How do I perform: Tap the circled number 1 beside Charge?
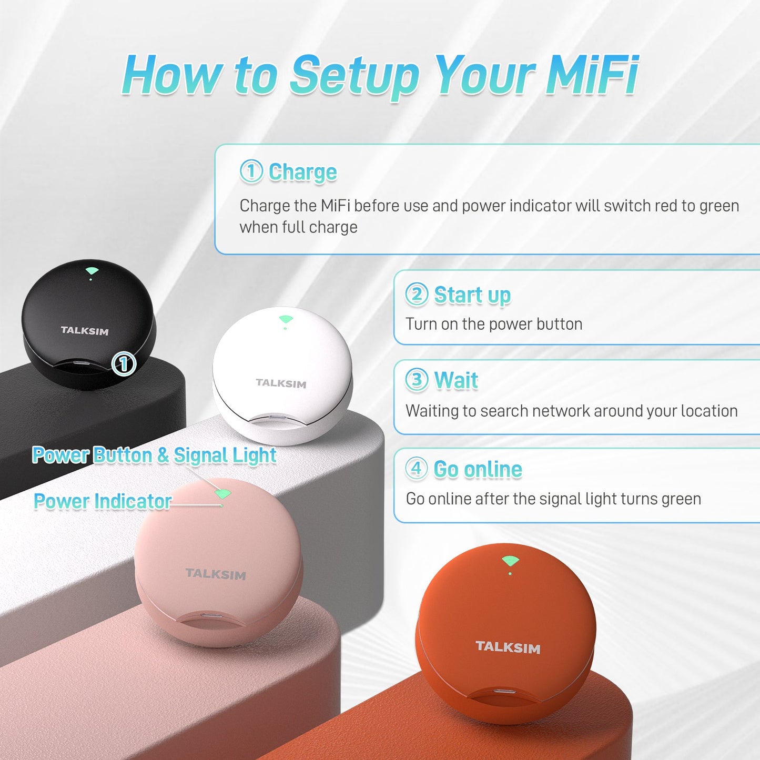click(251, 171)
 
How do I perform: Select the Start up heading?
click(472, 295)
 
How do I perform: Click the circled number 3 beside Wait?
click(417, 380)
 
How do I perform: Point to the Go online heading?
click(478, 469)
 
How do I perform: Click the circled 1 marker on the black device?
click(124, 363)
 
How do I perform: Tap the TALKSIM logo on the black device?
click(85, 331)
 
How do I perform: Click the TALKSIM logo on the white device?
click(281, 383)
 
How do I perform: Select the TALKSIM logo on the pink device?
click(216, 574)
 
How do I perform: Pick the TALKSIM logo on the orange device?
click(508, 647)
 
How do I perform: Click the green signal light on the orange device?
click(510, 561)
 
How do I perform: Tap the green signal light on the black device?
click(92, 271)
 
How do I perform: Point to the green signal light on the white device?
click(286, 319)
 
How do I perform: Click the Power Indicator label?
click(103, 501)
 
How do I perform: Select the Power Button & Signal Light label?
click(154, 455)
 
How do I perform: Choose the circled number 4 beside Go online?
click(417, 468)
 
